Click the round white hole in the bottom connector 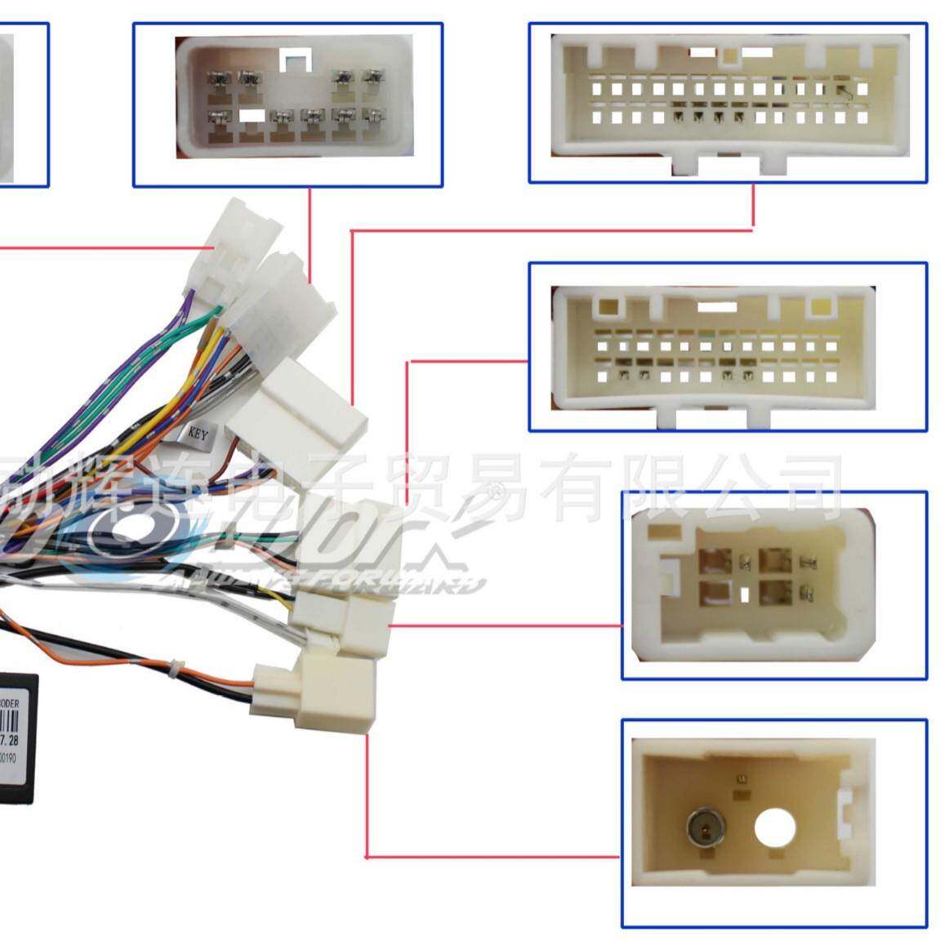(x=774, y=830)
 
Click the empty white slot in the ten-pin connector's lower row (x=252, y=117)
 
